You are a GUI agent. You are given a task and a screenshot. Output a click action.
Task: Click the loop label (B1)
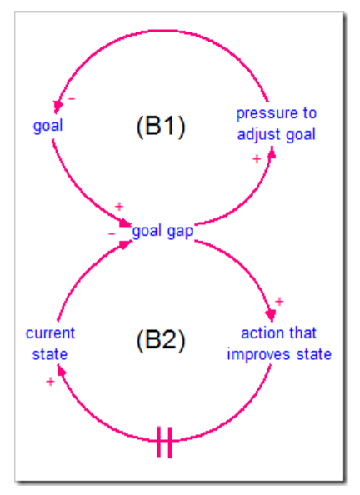161,126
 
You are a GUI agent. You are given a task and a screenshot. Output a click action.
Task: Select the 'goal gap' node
162,232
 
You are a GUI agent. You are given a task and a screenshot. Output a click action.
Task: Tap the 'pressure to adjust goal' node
277,123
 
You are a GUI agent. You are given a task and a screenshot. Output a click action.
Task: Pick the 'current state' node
50,343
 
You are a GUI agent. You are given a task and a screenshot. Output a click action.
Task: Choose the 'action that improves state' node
279,343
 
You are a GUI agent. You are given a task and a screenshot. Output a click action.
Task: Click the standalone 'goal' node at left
48,126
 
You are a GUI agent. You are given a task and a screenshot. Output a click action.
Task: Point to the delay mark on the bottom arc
164,442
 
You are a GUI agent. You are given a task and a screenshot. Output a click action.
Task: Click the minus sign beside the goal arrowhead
72,99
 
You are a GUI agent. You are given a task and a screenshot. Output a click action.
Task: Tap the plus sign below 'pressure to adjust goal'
257,159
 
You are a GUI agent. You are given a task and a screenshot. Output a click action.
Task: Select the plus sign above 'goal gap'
118,207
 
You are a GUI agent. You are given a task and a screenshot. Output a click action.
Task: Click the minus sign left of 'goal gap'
112,234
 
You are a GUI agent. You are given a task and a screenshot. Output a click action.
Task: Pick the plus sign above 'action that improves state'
279,302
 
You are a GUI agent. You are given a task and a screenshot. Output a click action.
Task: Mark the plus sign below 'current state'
50,382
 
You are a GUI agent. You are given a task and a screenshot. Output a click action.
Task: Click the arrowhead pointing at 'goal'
57,107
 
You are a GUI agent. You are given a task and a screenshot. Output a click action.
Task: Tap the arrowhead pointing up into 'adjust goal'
272,152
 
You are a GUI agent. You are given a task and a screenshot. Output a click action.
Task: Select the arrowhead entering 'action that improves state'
271,315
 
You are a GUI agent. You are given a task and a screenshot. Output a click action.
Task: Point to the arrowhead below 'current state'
62,370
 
